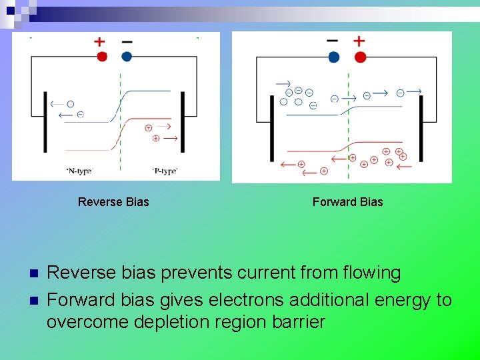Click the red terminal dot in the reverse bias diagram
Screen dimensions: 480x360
pos(102,57)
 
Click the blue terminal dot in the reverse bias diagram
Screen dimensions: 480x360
pos(127,57)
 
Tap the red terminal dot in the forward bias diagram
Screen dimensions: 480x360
pos(360,57)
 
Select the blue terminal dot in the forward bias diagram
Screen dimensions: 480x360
pos(334,57)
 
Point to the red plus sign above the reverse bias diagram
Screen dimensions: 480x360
pos(99,41)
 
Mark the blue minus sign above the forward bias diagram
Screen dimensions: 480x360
pos(332,41)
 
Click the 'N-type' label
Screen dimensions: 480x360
pos(79,171)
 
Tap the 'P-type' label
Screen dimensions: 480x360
pos(165,171)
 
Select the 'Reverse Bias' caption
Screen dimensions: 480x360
pos(113,202)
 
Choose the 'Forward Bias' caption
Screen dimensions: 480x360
pos(348,202)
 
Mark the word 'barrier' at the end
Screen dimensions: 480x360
pos(299,323)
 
